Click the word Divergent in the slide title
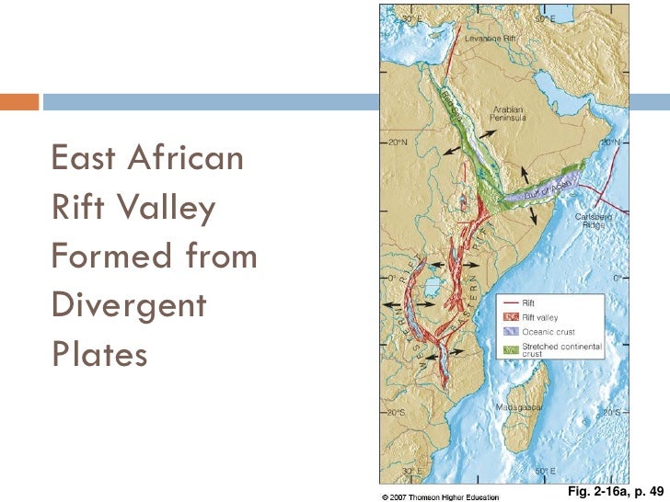(x=129, y=304)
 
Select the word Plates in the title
(x=99, y=354)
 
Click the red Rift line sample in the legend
(x=509, y=302)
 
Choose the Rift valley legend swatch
(x=509, y=316)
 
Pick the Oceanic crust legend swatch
(x=509, y=331)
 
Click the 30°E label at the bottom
(x=410, y=470)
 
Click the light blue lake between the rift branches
(x=430, y=288)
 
